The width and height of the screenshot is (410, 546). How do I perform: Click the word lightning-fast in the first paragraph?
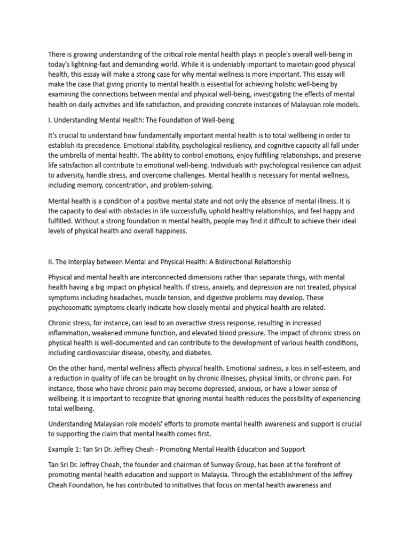pos(92,65)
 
